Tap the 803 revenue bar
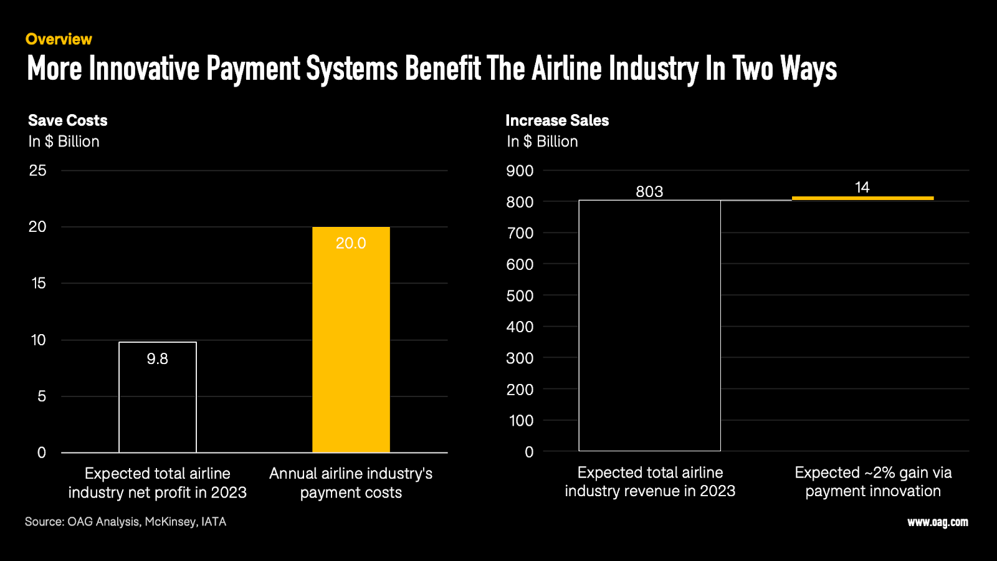coord(649,324)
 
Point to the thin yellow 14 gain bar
coord(862,198)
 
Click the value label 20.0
coord(351,243)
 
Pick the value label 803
coord(649,191)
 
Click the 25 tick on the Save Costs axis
coord(37,170)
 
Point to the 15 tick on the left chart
coord(38,283)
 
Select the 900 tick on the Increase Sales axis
coord(520,171)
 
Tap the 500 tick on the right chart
coord(520,295)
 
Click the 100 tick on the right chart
coord(521,421)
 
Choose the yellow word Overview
coord(59,39)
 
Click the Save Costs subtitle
coord(68,120)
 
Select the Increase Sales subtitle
coord(557,120)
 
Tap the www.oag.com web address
coord(937,522)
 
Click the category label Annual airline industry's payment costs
coord(351,483)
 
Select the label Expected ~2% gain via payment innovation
coord(873,482)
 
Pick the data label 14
coord(862,187)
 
